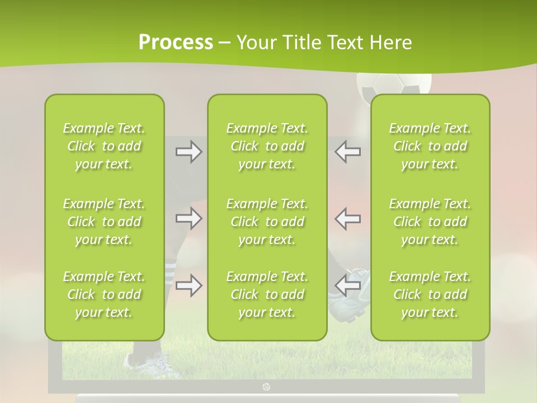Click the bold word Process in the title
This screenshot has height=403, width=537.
176,43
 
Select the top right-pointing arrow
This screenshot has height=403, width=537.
189,152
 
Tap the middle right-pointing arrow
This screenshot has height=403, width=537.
189,218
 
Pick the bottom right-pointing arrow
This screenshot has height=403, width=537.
189,285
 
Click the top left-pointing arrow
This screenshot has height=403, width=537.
347,152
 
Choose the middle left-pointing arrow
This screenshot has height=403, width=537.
347,218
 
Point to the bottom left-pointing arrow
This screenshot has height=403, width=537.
347,285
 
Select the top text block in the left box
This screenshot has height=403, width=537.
104,146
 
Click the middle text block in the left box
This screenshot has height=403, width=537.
104,222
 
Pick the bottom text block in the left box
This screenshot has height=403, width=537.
104,294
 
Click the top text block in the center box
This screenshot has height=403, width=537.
267,146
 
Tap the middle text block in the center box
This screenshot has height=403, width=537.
267,222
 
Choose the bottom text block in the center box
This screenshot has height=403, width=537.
267,294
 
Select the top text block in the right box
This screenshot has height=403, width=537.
430,146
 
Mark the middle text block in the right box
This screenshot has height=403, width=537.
430,222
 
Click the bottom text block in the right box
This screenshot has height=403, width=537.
430,294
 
